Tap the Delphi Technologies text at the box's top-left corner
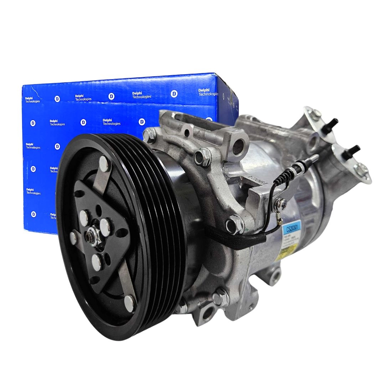[32, 99]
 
